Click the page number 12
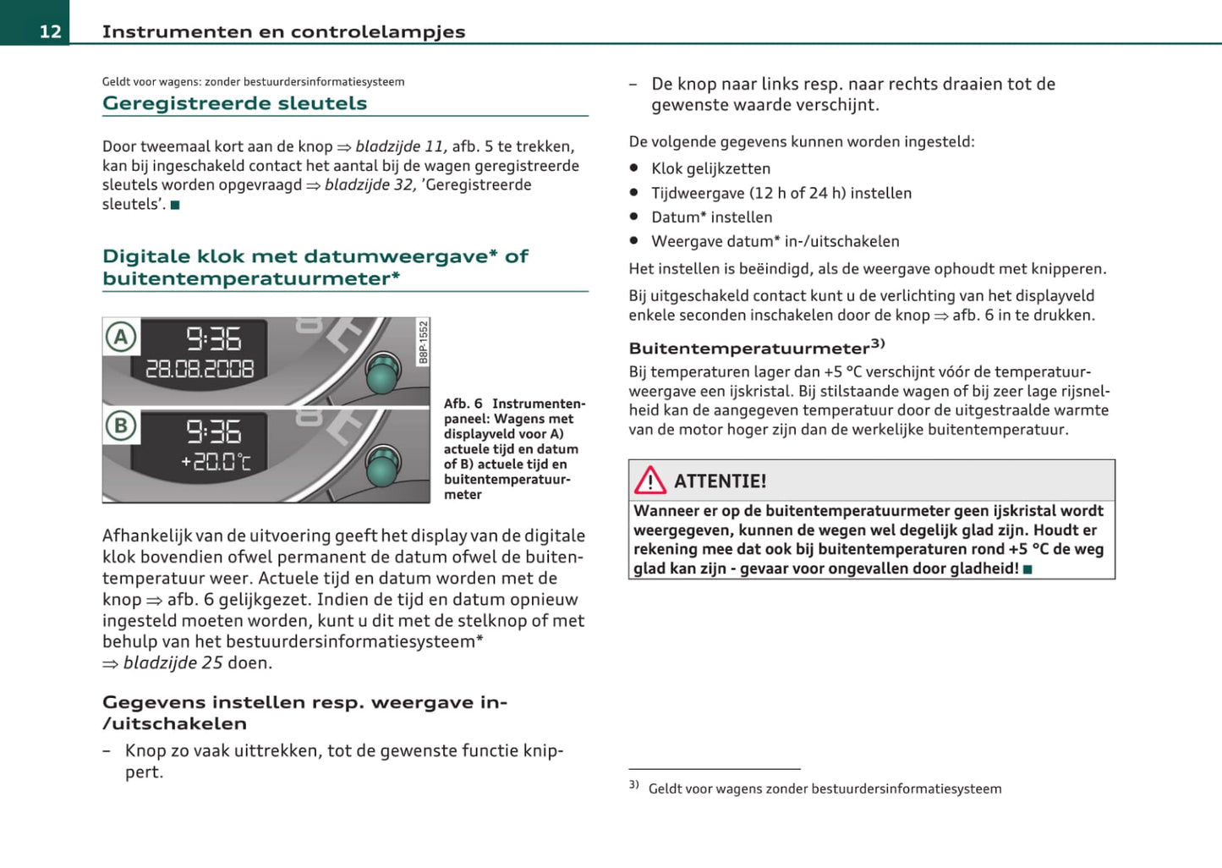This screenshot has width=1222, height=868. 50,31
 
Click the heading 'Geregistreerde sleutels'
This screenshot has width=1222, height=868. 234,103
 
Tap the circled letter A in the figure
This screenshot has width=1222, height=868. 121,338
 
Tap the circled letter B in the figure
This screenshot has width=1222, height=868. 121,426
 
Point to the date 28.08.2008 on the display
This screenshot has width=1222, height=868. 200,369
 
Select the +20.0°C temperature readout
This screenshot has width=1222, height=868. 216,462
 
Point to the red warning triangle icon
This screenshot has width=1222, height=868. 650,481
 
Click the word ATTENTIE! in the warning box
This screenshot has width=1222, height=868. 720,481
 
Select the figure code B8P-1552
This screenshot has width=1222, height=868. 424,342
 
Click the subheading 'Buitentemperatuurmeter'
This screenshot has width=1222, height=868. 749,349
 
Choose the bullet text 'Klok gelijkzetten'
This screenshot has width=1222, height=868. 710,168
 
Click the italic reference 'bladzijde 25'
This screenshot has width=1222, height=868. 173,662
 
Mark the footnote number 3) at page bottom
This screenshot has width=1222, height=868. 633,785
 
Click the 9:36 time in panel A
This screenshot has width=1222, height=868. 213,338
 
